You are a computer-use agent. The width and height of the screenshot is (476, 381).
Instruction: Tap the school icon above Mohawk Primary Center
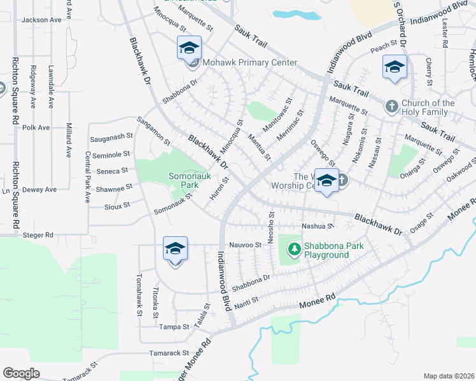point(189,48)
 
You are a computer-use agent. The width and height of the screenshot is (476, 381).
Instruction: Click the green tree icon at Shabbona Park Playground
point(294,250)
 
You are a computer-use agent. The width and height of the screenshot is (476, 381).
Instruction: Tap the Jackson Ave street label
point(41,20)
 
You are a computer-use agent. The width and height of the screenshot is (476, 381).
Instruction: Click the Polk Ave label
point(36,128)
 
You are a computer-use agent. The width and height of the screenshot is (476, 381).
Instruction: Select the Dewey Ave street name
point(39,189)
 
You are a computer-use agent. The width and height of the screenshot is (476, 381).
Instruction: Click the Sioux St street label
point(117,206)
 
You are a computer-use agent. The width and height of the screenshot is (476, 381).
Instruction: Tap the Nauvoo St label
point(245,244)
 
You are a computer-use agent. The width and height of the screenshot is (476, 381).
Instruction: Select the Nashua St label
point(318,225)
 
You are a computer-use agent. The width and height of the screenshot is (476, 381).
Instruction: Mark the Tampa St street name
point(174,327)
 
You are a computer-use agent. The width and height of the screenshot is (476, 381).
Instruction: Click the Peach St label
point(384,48)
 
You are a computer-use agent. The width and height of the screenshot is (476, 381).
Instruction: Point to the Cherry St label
point(430,71)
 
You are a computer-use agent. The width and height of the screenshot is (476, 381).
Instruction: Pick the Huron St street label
point(220,188)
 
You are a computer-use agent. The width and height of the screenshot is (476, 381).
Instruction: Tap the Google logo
point(22,373)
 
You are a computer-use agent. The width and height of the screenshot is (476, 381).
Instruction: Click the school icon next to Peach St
point(395,67)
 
